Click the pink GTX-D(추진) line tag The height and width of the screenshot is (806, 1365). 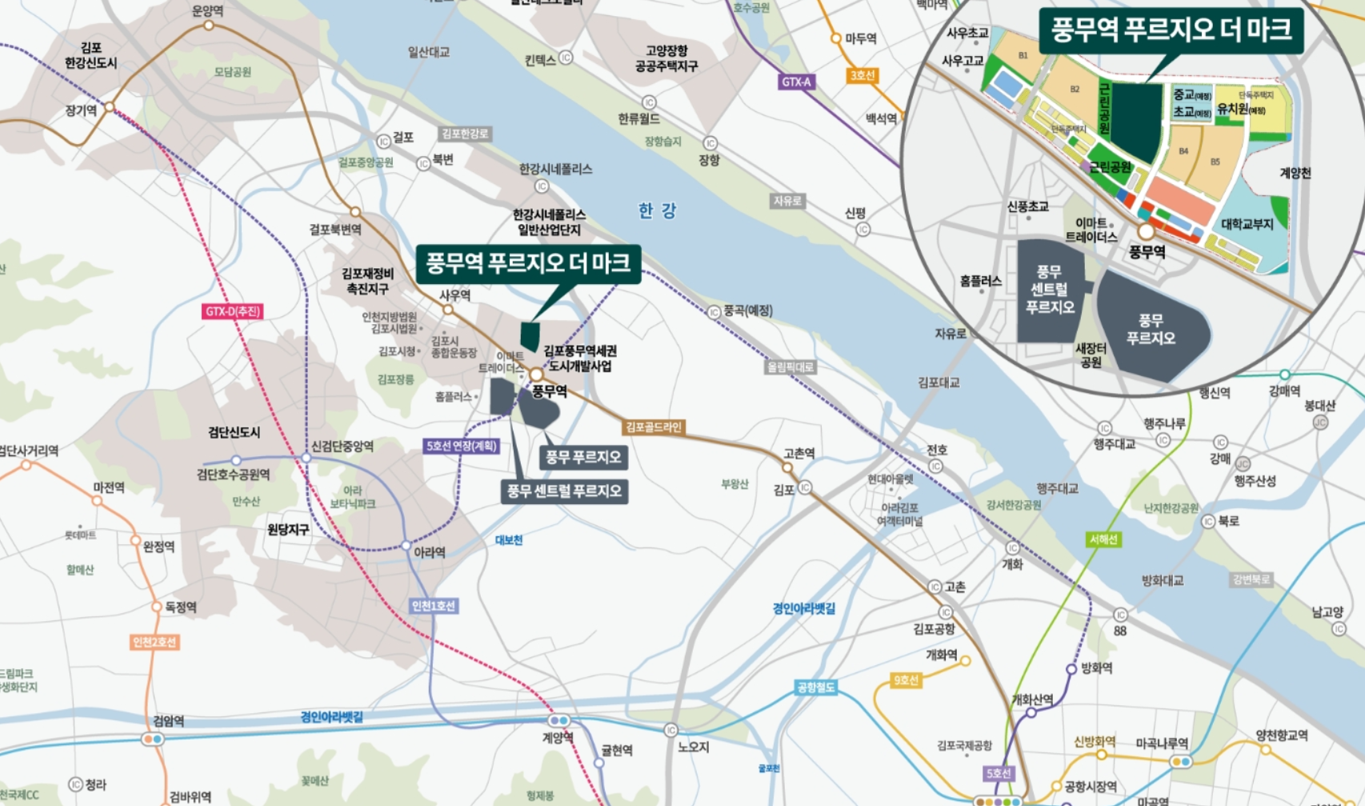pos(232,311)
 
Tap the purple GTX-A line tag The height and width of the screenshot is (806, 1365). pos(796,82)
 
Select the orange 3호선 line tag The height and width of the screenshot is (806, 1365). pos(862,75)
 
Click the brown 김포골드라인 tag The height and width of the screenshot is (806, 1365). pos(654,427)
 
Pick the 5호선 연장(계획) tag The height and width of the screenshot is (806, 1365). pos(461,446)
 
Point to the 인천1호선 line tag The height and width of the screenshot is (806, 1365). pos(433,606)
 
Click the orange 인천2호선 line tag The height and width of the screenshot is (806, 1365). pos(154,642)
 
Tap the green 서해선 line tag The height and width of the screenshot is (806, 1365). pos(1103,539)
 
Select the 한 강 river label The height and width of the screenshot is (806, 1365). pos(657,211)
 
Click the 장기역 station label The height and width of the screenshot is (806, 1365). pos(81,111)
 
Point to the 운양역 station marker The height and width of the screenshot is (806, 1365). pos(209,26)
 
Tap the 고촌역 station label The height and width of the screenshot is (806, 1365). pos(799,454)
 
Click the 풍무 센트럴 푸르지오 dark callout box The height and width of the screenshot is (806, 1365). pos(564,491)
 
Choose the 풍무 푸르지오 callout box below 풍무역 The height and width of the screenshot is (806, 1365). pos(583,457)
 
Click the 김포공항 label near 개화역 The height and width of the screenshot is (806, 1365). pos(934,629)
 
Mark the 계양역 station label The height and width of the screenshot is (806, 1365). pos(558,737)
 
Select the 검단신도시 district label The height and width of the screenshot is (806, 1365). pos(234,432)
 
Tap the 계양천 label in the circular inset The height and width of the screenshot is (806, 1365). pos(1295,173)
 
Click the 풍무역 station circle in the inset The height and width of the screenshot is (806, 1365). pos(1146,232)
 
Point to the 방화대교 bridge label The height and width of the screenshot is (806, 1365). pos(1162,580)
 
